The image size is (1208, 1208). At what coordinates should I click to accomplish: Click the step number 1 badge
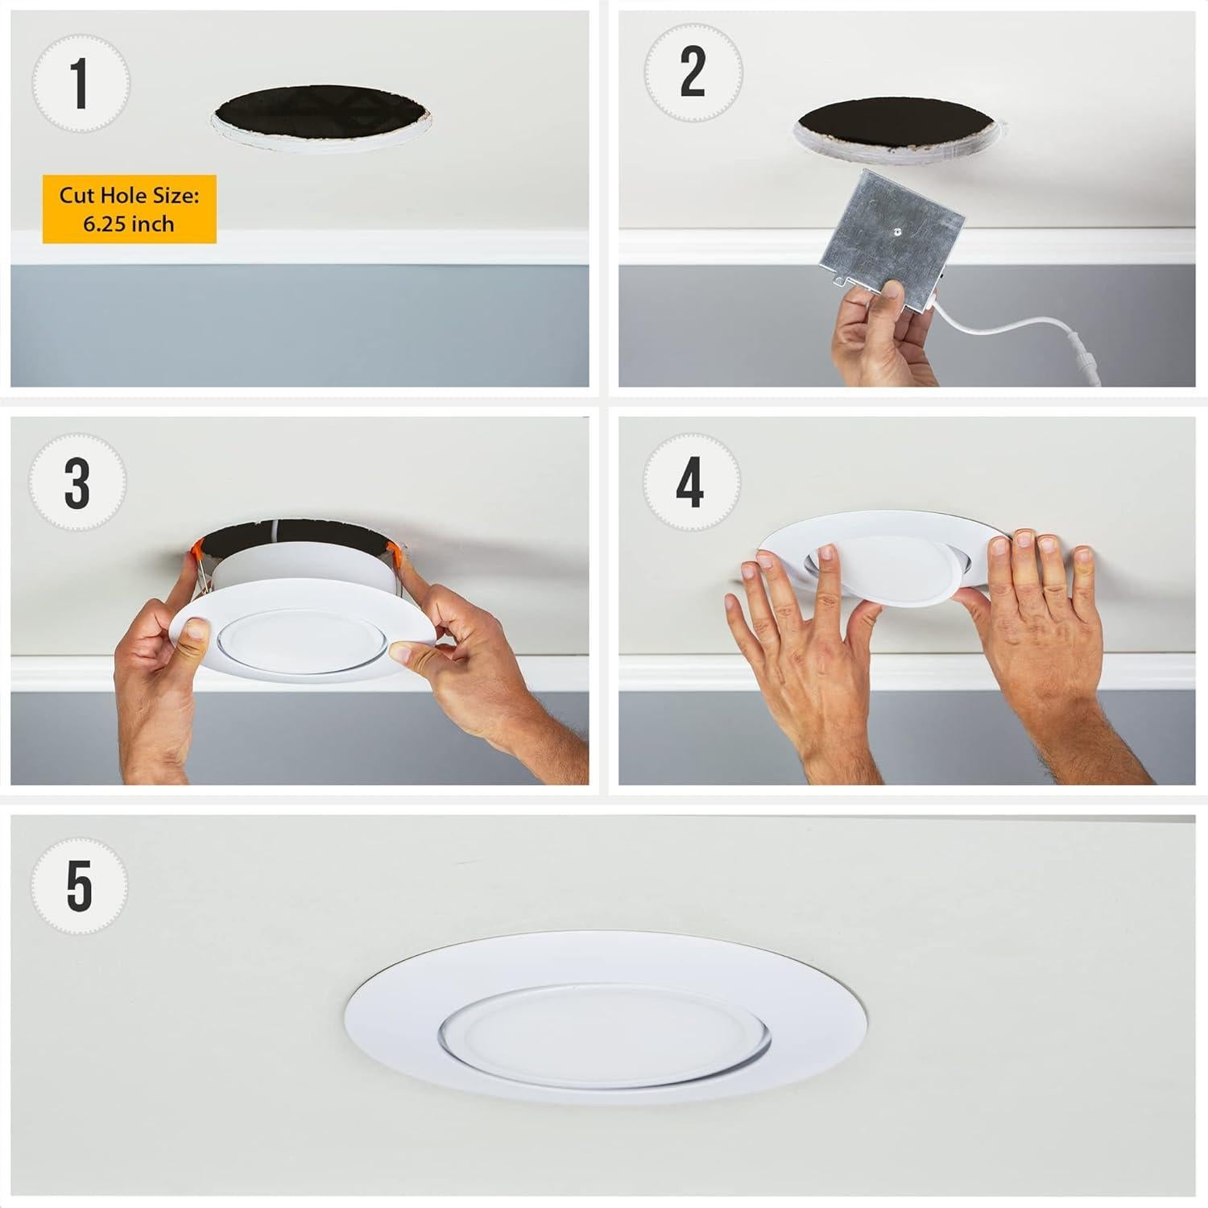[79, 83]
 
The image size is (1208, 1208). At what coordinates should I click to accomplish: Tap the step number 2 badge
[692, 72]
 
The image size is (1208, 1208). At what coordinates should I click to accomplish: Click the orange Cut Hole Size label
[129, 209]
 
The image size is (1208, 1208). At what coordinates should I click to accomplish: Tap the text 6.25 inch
[129, 224]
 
